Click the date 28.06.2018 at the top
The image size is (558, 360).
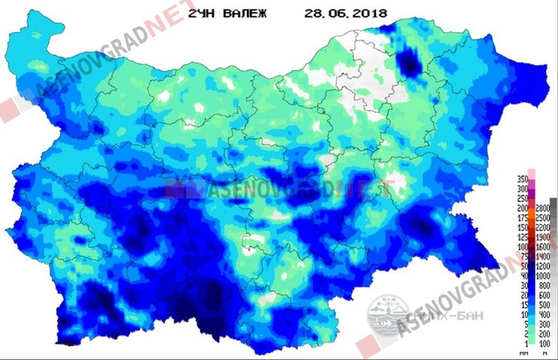tap(341, 14)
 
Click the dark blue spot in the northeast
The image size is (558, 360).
tap(408, 64)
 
